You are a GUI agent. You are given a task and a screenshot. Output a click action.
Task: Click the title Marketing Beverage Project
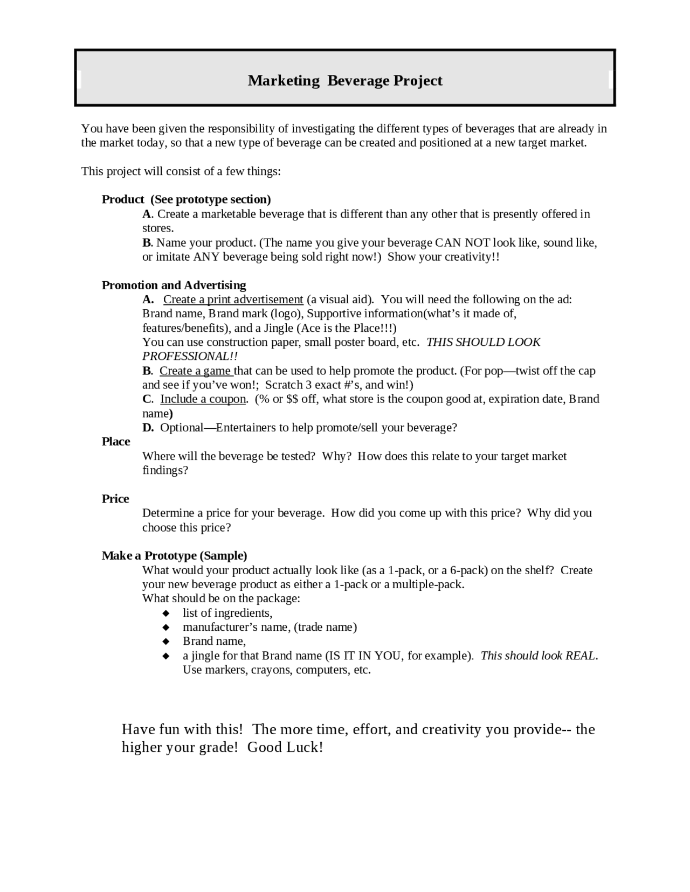pos(345,80)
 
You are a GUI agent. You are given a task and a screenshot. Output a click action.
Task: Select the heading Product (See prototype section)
pos(186,199)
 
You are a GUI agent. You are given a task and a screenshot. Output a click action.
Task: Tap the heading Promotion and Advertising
pos(174,285)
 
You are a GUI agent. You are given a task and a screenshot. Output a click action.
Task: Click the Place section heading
pos(116,442)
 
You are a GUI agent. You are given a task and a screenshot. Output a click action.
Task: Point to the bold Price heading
pos(115,499)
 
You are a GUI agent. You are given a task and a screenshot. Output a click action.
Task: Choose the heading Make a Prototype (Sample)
pos(174,555)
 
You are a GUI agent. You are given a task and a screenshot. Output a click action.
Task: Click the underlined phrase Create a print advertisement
pos(233,299)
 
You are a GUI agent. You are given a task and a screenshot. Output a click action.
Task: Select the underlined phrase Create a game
pos(196,371)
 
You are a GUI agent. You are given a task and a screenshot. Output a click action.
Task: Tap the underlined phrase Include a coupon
pos(203,399)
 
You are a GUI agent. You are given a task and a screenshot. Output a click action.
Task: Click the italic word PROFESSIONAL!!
pos(190,357)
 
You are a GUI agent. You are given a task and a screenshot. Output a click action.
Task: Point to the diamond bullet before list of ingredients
pos(166,613)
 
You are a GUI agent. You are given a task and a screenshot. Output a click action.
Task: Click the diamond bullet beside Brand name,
pos(166,642)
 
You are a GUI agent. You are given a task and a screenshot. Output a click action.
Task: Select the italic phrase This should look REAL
pos(538,656)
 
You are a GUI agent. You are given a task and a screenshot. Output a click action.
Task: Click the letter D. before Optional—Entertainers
pos(148,428)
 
